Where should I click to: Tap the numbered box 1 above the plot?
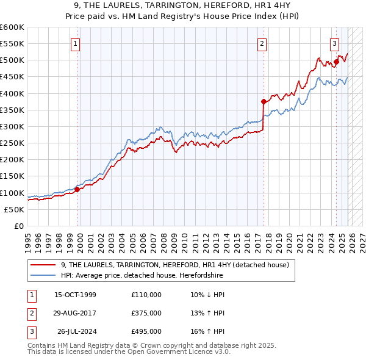coord(74,43)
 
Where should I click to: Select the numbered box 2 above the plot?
coord(261,43)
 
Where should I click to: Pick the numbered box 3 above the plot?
coord(335,43)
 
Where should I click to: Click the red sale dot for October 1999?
coord(77,189)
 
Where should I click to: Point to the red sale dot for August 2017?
coord(264,101)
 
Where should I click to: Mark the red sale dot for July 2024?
coord(336,62)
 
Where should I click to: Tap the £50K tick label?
coord(15,209)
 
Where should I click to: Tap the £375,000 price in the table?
coord(146,313)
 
